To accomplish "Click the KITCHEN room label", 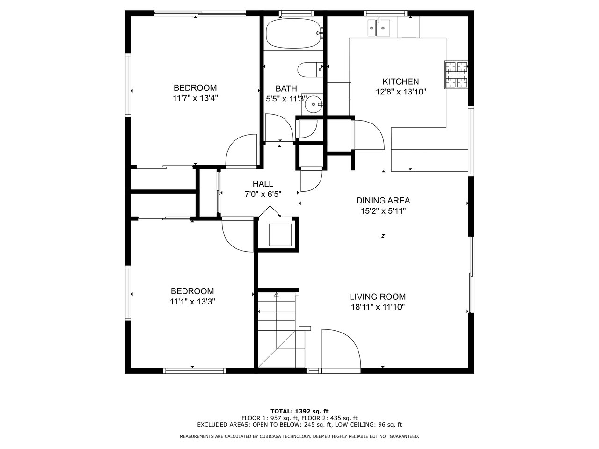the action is (x=401, y=81).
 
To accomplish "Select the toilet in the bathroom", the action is (x=310, y=70).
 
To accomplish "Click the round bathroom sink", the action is (x=314, y=104).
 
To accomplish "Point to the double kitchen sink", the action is (x=379, y=28).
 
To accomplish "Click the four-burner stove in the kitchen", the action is (x=456, y=75).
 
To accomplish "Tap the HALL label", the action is (x=263, y=184).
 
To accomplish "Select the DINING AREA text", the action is (x=383, y=201).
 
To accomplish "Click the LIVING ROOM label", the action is (x=378, y=297).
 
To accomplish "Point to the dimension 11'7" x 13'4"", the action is (x=195, y=98).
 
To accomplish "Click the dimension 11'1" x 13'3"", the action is (x=193, y=302).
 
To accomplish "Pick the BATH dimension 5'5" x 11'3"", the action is (x=286, y=99).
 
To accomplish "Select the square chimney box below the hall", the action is (x=280, y=235).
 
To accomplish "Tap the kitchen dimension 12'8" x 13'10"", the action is (x=401, y=92).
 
